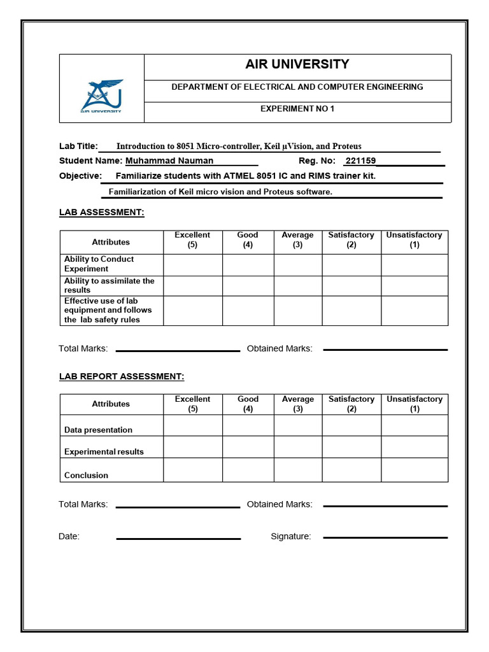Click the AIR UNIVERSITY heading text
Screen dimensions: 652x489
pos(297,64)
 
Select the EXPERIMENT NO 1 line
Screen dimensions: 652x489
pos(297,109)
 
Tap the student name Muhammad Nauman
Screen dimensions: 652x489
pos(169,161)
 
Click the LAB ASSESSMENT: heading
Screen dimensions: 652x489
pos(102,213)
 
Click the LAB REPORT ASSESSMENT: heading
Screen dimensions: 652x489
pos(122,377)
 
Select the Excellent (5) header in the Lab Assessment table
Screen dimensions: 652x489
pos(192,240)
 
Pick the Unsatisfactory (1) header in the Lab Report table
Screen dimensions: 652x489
pos(415,404)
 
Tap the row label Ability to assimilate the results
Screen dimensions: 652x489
pos(109,285)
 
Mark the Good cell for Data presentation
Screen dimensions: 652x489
pos(248,426)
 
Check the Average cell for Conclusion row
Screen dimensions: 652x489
pos(297,470)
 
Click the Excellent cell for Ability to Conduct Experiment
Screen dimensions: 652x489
pos(192,265)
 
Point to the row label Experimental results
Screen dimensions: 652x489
pos(104,452)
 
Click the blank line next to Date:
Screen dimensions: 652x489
pos(178,538)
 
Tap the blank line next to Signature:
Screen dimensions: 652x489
pos(385,537)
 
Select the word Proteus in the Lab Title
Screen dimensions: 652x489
pos(347,146)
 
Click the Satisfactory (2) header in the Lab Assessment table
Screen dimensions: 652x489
pos(351,240)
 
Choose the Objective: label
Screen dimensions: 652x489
pos(80,176)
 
